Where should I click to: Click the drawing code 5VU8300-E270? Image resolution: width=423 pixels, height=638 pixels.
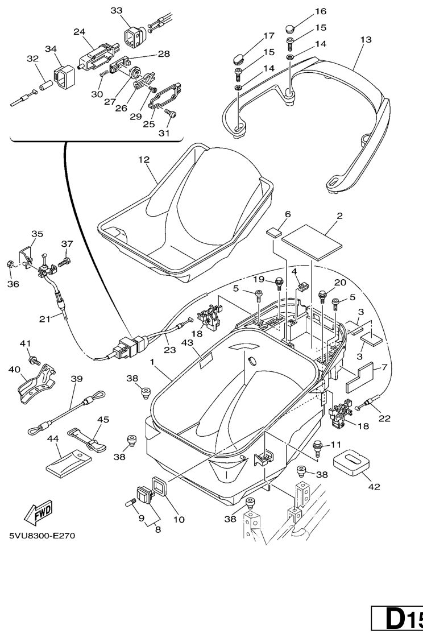pyautogui.click(x=42, y=535)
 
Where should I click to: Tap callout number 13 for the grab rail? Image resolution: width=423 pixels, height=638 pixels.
pyautogui.click(x=366, y=39)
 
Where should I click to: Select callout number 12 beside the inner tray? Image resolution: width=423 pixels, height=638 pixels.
pyautogui.click(x=143, y=160)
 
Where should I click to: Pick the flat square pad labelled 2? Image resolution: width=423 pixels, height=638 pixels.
pyautogui.click(x=313, y=237)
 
